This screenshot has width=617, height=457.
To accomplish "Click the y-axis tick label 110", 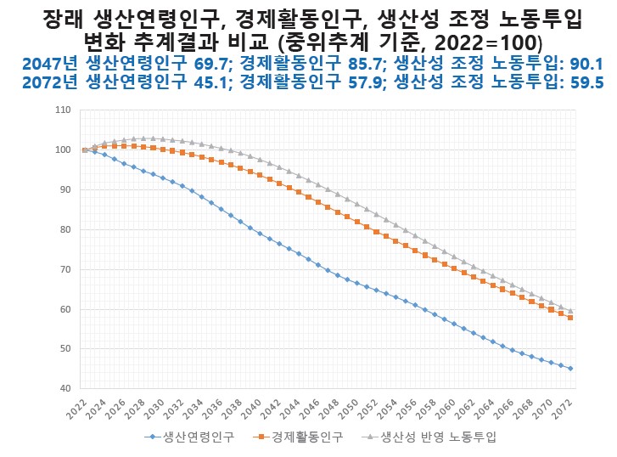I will coord(61,110).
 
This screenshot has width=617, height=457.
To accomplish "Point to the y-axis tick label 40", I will coord(64,389).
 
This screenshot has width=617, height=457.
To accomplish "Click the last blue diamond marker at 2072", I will coord(569,369).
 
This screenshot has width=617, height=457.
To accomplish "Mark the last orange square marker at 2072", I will coord(569,318).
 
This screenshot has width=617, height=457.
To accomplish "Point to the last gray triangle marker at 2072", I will coord(569,311).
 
